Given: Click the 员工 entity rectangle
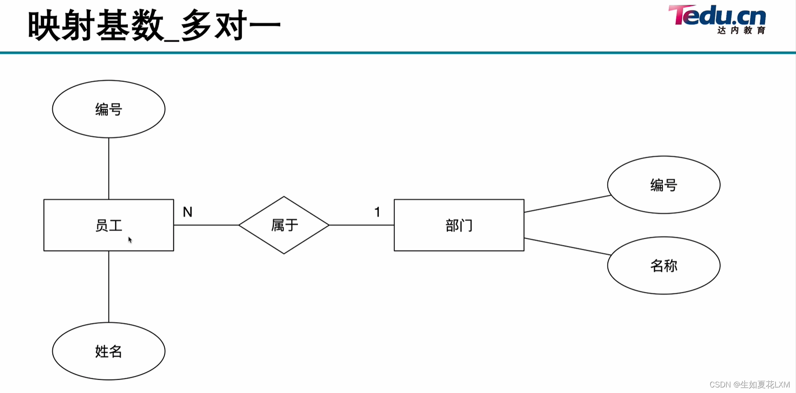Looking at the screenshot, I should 109,225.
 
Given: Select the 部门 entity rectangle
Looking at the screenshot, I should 459,225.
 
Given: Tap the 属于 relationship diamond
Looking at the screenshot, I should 284,225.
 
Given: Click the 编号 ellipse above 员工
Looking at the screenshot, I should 109,109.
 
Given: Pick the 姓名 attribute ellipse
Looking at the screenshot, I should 109,351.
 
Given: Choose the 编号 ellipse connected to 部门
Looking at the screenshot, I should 664,185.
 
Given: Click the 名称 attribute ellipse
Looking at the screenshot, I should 664,266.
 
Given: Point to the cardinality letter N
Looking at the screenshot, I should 187,212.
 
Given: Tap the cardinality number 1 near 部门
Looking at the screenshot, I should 377,212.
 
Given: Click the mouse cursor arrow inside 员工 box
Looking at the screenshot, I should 130,240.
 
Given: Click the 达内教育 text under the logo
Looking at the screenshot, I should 741,30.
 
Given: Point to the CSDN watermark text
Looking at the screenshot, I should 749,384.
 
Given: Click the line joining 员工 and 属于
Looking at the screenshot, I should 206,225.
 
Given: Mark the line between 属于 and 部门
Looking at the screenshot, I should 361,225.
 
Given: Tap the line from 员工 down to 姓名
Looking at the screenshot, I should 109,286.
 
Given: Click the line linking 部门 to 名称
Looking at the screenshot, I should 567,246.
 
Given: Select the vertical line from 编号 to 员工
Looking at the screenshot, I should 109,168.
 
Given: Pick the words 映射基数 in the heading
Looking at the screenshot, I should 96,26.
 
